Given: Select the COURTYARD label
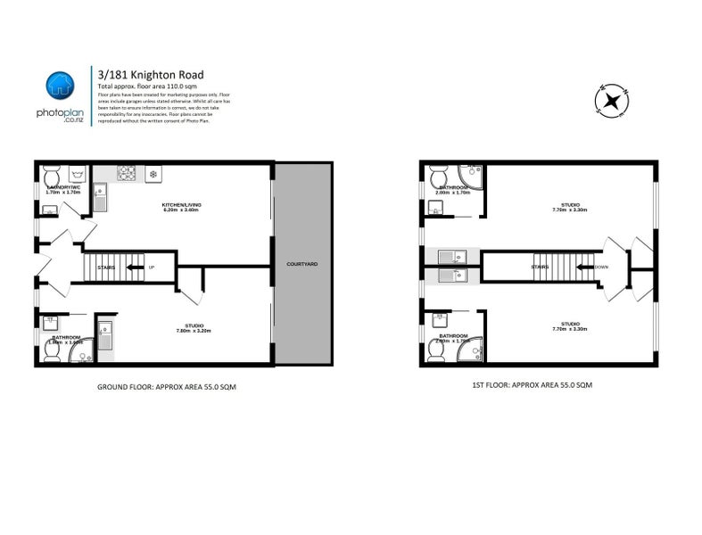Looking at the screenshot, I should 301,265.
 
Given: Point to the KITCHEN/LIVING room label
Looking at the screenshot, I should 183,205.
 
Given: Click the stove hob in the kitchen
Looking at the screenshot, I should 127,173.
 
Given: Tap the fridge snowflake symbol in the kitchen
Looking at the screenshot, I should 152,173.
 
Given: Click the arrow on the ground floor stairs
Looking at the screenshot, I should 134,267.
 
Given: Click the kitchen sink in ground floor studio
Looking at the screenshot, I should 105,337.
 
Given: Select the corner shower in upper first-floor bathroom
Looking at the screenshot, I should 470,176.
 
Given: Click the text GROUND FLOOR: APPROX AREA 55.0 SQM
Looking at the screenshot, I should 166,388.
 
